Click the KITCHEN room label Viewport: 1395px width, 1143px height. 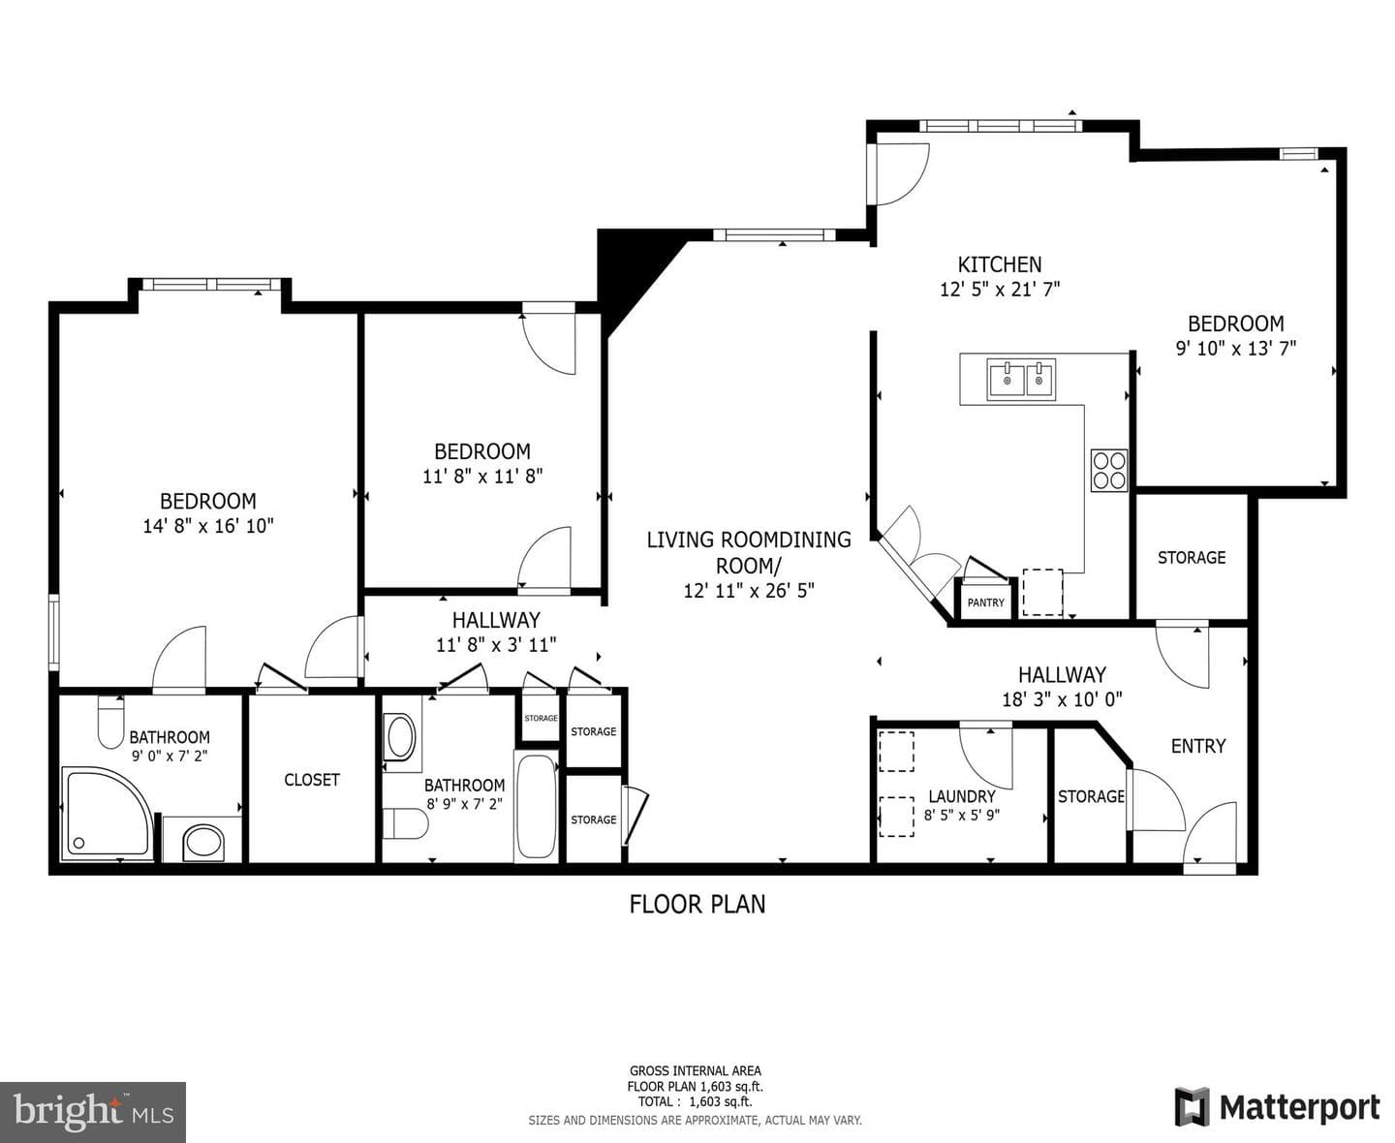pyautogui.click(x=1000, y=264)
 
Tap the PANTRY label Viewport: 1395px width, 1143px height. pyautogui.click(x=985, y=602)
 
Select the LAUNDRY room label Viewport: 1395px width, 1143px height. pyautogui.click(x=962, y=796)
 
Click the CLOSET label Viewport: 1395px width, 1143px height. pyautogui.click(x=312, y=780)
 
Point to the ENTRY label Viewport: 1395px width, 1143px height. pyautogui.click(x=1198, y=746)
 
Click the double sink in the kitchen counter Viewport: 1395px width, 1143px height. pyautogui.click(x=1021, y=380)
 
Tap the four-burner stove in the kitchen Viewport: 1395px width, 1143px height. pyautogui.click(x=1108, y=471)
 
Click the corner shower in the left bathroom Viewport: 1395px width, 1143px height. pyautogui.click(x=106, y=813)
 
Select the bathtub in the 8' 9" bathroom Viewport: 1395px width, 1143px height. pyautogui.click(x=536, y=806)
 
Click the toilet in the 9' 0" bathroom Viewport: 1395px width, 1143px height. pyautogui.click(x=111, y=722)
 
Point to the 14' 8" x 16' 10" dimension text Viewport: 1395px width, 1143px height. pyautogui.click(x=208, y=526)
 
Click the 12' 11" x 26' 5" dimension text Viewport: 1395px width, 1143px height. pyautogui.click(x=749, y=590)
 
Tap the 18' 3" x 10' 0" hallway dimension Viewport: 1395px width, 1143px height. pyautogui.click(x=1062, y=699)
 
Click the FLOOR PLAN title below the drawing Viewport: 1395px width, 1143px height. pyautogui.click(x=697, y=904)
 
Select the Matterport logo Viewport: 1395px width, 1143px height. pyautogui.click(x=1277, y=1107)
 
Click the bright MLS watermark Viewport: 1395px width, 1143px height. pyautogui.click(x=93, y=1112)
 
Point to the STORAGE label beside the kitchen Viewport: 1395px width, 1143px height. pyautogui.click(x=1192, y=558)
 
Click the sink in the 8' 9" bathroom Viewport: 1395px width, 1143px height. pyautogui.click(x=401, y=737)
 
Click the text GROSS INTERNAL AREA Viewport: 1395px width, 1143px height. pyautogui.click(x=696, y=1071)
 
